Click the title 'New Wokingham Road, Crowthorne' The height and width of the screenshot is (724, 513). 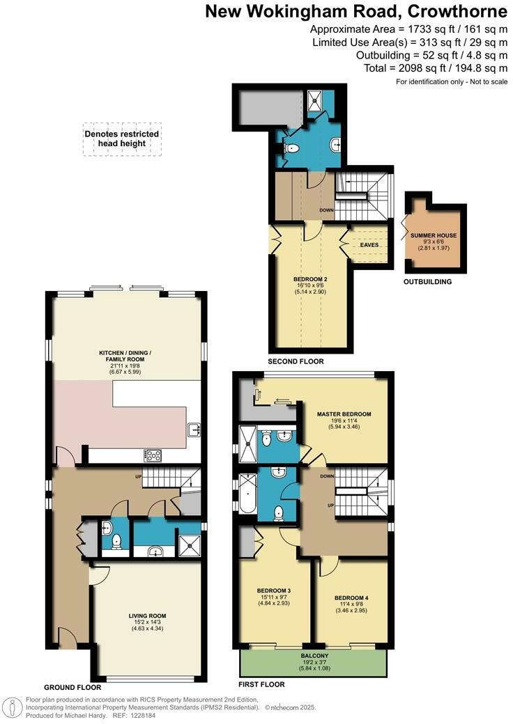pyautogui.click(x=356, y=12)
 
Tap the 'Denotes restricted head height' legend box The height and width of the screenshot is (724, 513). pyautogui.click(x=122, y=139)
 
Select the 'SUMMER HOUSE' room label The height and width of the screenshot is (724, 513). pyautogui.click(x=434, y=236)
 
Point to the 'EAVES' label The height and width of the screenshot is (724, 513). pyautogui.click(x=369, y=244)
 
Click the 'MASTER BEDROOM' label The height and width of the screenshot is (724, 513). pyautogui.click(x=344, y=414)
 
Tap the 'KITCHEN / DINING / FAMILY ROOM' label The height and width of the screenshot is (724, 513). pyautogui.click(x=125, y=353)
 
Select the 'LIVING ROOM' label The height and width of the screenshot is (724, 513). pyautogui.click(x=147, y=615)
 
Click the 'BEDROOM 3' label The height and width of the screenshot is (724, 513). pyautogui.click(x=274, y=590)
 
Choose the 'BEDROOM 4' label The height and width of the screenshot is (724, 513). pyautogui.click(x=351, y=597)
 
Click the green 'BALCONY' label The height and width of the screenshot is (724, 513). pyautogui.click(x=315, y=656)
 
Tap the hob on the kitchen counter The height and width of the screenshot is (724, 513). pyautogui.click(x=153, y=456)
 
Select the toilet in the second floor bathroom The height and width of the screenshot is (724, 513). pyautogui.click(x=293, y=148)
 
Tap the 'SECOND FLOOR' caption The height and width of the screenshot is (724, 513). pyautogui.click(x=296, y=361)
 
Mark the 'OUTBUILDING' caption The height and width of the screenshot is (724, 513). pyautogui.click(x=428, y=282)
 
